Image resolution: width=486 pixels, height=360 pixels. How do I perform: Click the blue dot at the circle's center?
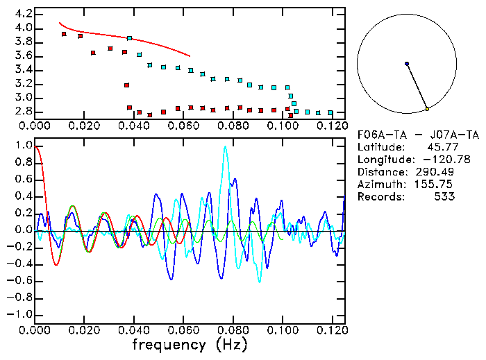coord(407,64)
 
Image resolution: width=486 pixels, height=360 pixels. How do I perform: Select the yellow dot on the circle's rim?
coord(428,109)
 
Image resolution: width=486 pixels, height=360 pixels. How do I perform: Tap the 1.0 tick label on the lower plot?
coord(24,146)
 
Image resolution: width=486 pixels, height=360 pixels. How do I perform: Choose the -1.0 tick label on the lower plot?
coord(21,314)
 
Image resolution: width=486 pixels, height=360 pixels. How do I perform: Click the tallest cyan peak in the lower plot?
coord(225,147)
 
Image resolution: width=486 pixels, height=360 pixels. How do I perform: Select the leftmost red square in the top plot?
coord(64,34)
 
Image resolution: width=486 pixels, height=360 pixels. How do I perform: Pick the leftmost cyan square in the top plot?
coord(130,38)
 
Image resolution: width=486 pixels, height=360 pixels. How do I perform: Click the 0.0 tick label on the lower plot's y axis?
coord(24,230)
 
